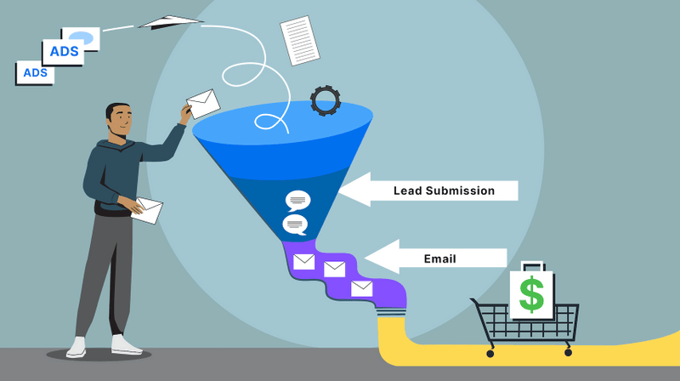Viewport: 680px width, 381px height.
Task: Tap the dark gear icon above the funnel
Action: [x=326, y=100]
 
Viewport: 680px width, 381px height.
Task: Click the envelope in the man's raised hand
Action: [x=203, y=104]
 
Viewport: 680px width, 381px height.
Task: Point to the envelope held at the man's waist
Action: [x=147, y=210]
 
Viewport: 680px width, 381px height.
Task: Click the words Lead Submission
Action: [x=444, y=190]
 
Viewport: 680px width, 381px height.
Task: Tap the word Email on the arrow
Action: [x=439, y=259]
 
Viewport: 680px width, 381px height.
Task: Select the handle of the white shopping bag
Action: [x=531, y=266]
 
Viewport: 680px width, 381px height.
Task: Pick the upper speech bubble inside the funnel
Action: [x=297, y=201]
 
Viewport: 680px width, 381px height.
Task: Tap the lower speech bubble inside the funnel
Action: [x=295, y=225]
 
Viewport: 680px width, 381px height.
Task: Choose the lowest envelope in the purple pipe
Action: [x=362, y=288]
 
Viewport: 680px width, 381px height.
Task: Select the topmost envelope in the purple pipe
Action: [x=304, y=261]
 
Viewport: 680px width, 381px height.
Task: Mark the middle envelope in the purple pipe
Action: [x=334, y=270]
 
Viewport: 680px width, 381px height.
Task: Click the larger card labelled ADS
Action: [x=64, y=52]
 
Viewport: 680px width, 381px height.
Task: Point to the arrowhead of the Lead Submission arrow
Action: [x=351, y=190]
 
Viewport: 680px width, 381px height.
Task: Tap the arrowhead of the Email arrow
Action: [x=379, y=257]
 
